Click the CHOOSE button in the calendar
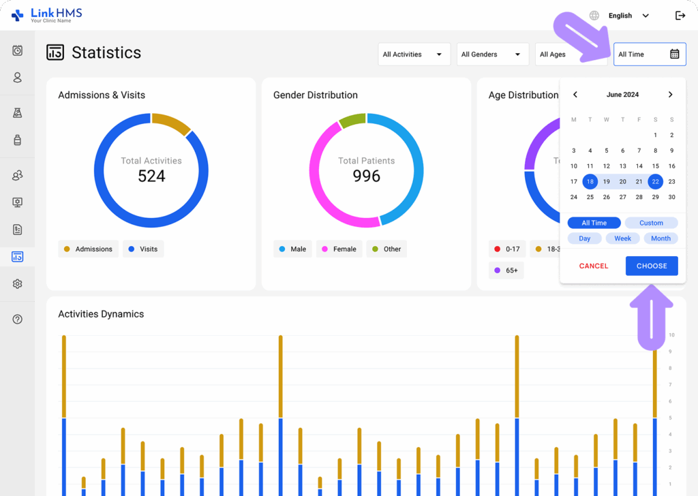pos(652,266)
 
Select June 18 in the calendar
pos(590,181)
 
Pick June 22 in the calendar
pos(655,181)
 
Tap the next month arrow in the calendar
pos(670,95)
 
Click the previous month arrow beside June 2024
pos(575,95)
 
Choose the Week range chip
pos(622,238)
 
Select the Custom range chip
pos(651,223)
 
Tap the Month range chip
pos(661,238)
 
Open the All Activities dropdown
pos(414,55)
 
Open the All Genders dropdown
pos(491,55)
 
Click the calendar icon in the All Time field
pos(674,55)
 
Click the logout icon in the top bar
pos(680,16)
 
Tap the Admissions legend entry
pos(88,249)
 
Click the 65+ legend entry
pos(506,270)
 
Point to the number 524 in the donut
pos(151,176)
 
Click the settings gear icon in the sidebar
pos(18,284)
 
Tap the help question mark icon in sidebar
pos(18,319)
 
